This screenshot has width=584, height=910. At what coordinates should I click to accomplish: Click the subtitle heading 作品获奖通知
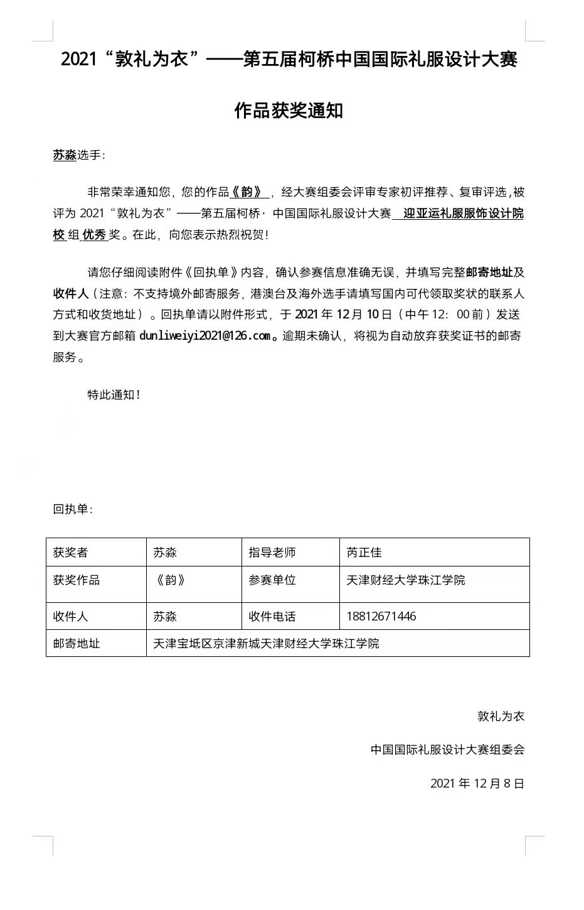click(x=289, y=111)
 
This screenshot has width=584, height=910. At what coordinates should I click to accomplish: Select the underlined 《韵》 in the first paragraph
click(x=249, y=193)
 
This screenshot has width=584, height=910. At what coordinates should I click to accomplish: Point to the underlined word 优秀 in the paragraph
click(x=94, y=235)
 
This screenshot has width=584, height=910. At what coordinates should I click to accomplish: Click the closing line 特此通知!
click(x=114, y=395)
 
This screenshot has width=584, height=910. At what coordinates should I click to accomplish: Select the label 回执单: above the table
click(x=73, y=509)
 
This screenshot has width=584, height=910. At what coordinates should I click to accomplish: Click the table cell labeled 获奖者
click(x=71, y=553)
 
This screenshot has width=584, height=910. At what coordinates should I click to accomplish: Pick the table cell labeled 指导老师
click(x=272, y=553)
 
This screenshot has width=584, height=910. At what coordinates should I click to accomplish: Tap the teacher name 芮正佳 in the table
click(x=364, y=553)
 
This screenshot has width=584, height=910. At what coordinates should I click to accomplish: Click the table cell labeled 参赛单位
click(x=272, y=580)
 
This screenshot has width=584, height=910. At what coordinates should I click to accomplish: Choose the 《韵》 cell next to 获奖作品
click(x=170, y=580)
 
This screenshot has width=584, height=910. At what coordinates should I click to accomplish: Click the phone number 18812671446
click(x=381, y=616)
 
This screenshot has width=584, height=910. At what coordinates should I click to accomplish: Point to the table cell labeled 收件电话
click(x=272, y=617)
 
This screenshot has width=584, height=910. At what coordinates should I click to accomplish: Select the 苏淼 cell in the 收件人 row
click(x=165, y=617)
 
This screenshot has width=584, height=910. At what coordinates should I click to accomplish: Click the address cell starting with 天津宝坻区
click(x=267, y=644)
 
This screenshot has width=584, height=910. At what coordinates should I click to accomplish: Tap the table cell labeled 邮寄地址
click(x=77, y=644)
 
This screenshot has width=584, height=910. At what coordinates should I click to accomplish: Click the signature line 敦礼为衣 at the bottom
click(x=501, y=716)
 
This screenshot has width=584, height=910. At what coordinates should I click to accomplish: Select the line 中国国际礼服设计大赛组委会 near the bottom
click(x=447, y=749)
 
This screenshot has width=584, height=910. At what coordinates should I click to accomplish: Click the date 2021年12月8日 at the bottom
click(x=477, y=783)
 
